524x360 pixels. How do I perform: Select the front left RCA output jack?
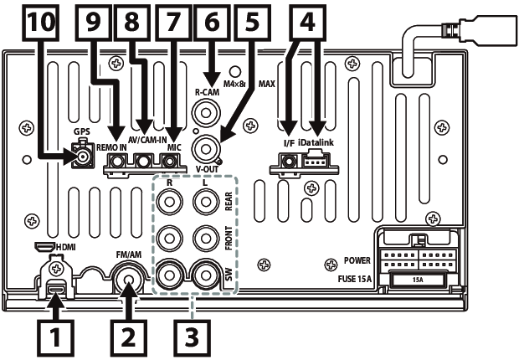204,239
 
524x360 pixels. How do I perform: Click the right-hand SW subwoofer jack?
204,274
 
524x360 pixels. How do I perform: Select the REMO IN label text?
110,147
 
